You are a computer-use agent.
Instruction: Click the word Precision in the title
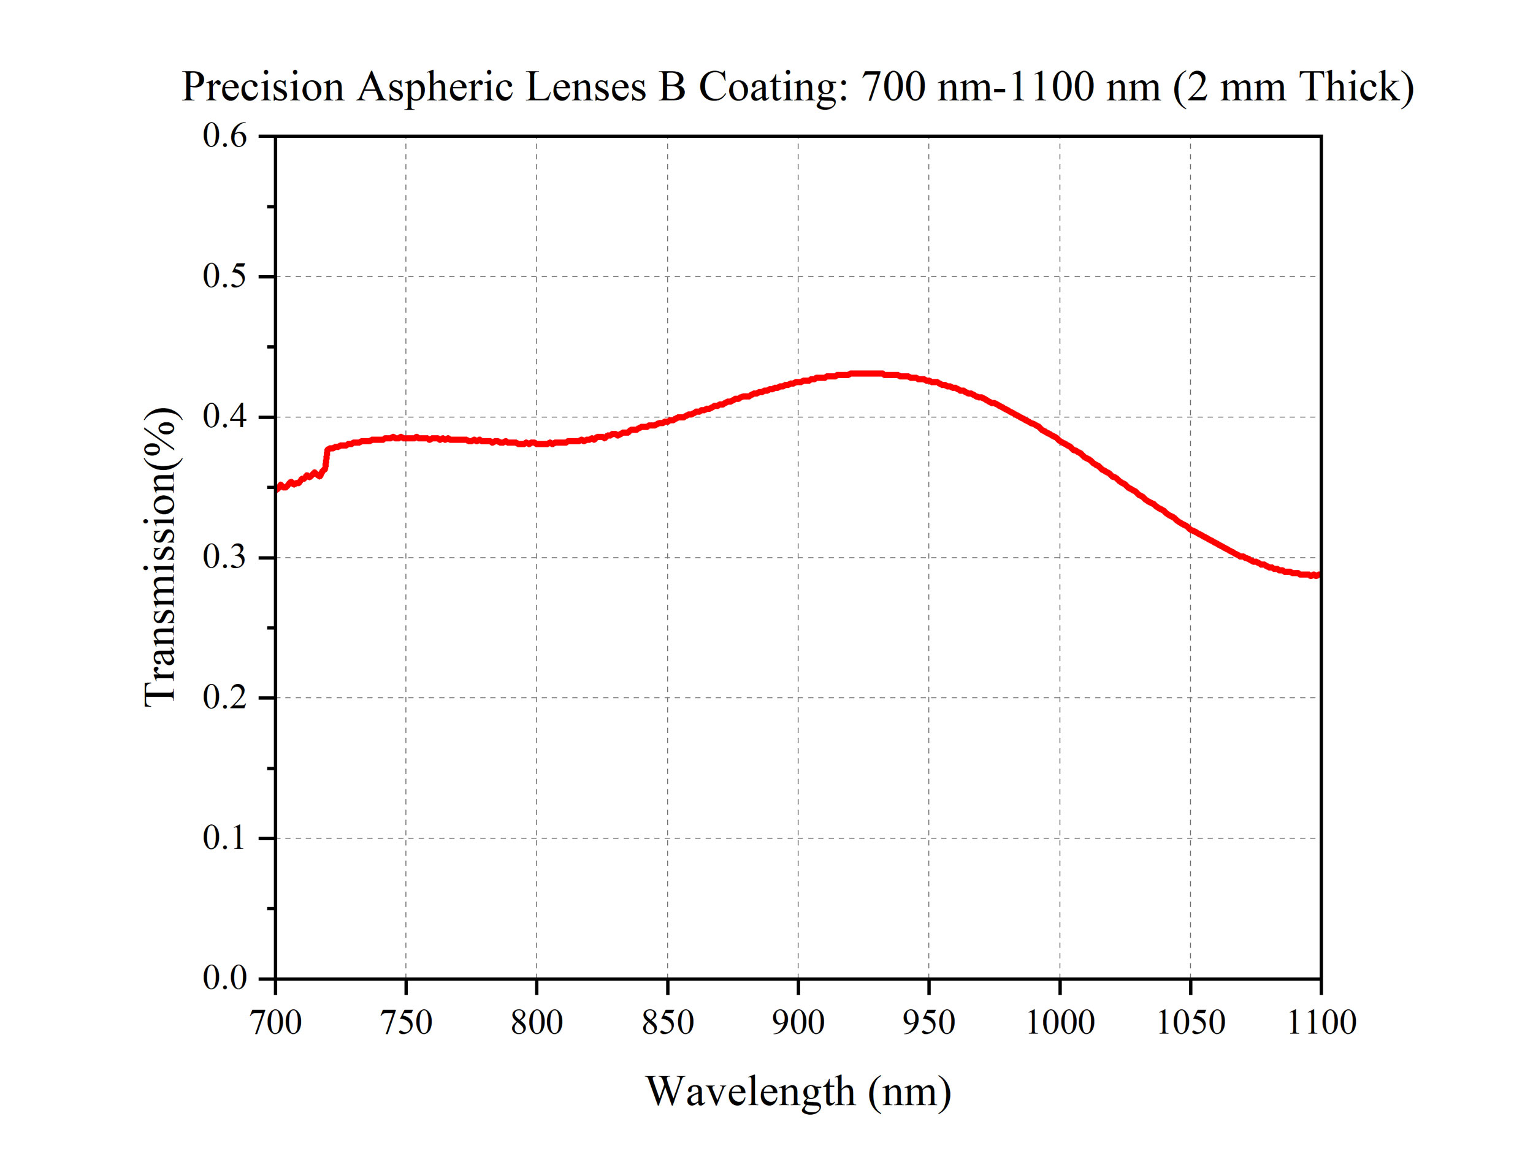[262, 87]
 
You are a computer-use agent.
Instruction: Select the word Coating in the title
[773, 87]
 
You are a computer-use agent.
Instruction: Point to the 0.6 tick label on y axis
[224, 135]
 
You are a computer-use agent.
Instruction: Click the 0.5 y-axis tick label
[224, 276]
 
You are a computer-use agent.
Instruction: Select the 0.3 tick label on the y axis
[224, 556]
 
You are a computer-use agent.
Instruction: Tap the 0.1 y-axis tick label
[224, 837]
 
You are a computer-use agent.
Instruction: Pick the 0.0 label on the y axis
[224, 977]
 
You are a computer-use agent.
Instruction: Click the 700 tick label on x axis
[275, 1023]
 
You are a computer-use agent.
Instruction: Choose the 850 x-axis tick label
[667, 1023]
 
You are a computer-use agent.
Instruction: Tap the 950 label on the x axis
[928, 1023]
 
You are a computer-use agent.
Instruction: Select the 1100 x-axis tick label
[1321, 1023]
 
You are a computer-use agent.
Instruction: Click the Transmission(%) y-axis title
[160, 556]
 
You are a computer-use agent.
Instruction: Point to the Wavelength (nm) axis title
[798, 1091]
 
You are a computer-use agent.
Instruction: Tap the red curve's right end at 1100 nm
[1317, 575]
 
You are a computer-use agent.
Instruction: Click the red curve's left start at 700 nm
[277, 487]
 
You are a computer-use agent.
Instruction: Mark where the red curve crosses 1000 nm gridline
[1060, 440]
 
